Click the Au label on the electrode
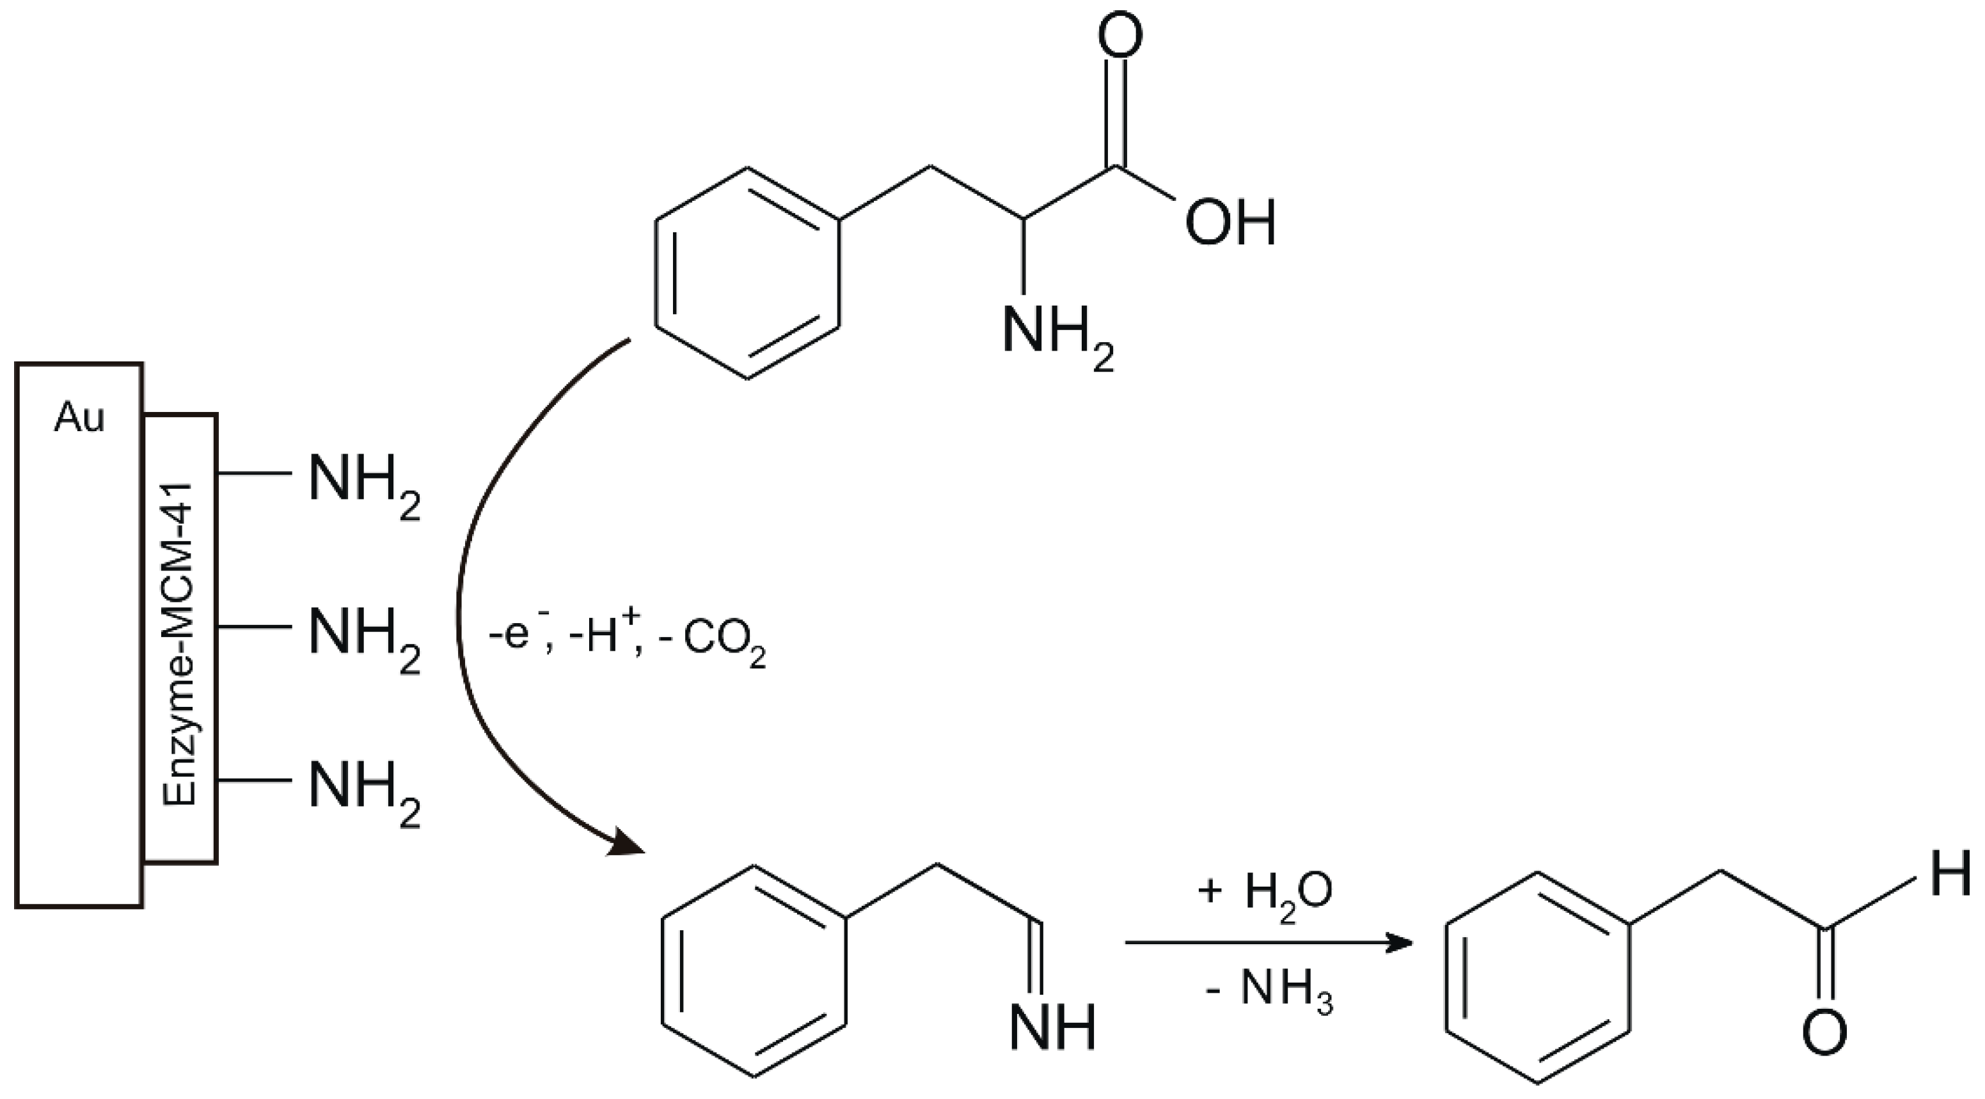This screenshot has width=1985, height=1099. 79,418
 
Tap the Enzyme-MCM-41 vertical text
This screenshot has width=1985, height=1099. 180,644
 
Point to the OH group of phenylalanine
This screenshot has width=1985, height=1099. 1230,223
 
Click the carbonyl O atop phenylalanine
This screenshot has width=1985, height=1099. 1119,35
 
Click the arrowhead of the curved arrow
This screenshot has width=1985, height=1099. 628,843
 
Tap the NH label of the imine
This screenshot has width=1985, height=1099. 1052,1028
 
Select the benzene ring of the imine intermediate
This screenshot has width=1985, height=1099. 754,971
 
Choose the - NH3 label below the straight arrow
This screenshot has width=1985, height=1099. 1269,993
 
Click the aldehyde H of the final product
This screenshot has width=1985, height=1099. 1950,874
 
